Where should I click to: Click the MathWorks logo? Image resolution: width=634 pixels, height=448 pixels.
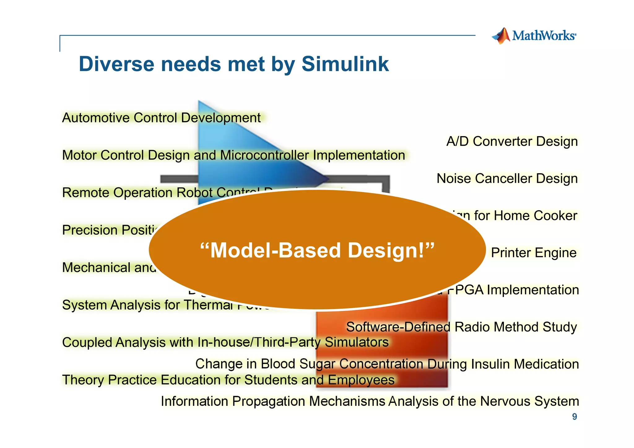coord(534,36)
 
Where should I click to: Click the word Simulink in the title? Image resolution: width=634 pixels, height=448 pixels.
coord(345,64)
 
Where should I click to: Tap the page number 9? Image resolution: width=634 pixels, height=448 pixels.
coord(574,417)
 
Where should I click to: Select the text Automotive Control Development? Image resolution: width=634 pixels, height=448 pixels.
coord(161,118)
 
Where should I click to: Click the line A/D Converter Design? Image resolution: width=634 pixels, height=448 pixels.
coord(512,141)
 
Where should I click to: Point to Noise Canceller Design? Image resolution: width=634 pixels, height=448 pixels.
coord(507,179)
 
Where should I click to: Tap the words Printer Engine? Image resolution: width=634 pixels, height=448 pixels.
coord(533,253)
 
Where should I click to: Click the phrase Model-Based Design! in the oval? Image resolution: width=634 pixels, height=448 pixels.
coord(317,250)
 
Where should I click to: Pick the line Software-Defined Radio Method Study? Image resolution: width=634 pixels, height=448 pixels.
coord(461,327)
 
